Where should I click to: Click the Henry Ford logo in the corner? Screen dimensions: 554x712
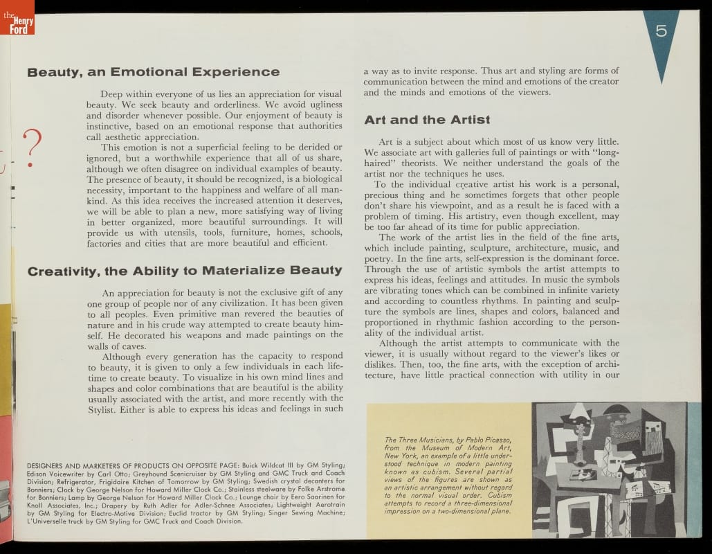tap(17, 19)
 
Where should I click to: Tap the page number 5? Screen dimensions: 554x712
tap(661, 31)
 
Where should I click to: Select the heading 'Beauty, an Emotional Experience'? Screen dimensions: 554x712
tap(153, 72)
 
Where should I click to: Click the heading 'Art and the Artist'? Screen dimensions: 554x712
tap(427, 120)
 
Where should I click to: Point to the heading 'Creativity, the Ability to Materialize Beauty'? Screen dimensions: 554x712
tap(184, 270)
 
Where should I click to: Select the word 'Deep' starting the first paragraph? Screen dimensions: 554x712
tap(113, 93)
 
